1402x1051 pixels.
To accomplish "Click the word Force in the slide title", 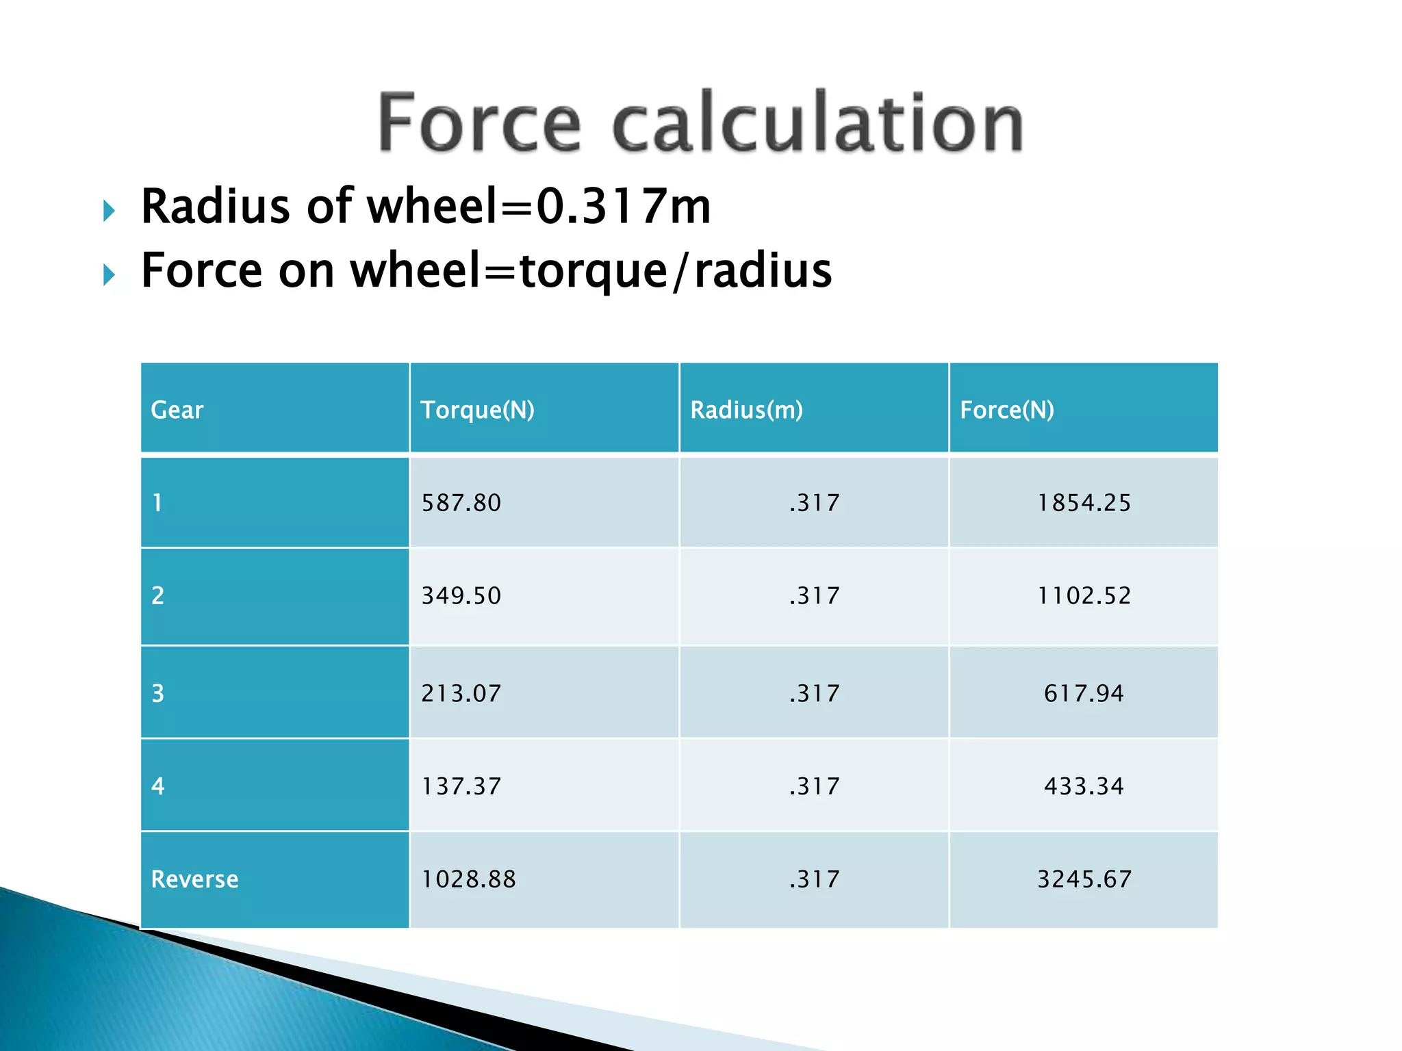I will pyautogui.click(x=479, y=123).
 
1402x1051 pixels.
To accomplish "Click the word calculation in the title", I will pyautogui.click(x=817, y=123).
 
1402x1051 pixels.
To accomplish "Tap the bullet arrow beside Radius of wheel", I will pyautogui.click(x=109, y=211).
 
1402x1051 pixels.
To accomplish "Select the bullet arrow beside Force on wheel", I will pyautogui.click(x=109, y=275).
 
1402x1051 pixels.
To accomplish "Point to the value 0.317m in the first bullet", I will pyautogui.click(x=623, y=207).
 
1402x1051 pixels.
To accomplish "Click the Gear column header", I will pyautogui.click(x=177, y=410).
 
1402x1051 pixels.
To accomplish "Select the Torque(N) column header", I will pyautogui.click(x=477, y=410).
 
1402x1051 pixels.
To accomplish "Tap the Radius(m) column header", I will pyautogui.click(x=746, y=410).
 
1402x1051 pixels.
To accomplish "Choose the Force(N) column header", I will pyautogui.click(x=1006, y=410).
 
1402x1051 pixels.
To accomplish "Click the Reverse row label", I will pyautogui.click(x=194, y=879).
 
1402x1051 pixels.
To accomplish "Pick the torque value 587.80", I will pyautogui.click(x=461, y=503).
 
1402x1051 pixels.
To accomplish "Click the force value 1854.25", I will pyautogui.click(x=1084, y=503).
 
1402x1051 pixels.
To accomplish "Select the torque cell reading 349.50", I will pyautogui.click(x=461, y=596).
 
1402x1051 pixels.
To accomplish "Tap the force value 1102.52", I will pyautogui.click(x=1084, y=596).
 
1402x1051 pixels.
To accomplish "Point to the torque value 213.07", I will pyautogui.click(x=461, y=694).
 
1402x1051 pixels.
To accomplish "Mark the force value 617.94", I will pyautogui.click(x=1084, y=694).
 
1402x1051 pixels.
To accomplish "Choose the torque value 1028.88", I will pyautogui.click(x=468, y=879).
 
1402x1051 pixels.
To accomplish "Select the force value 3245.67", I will pyautogui.click(x=1084, y=879).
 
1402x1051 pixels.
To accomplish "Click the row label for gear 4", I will pyautogui.click(x=158, y=786).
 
